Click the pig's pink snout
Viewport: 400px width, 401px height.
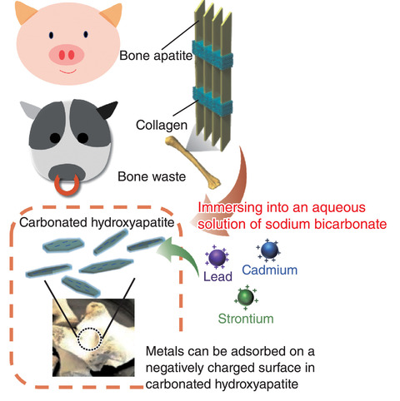coord(67,55)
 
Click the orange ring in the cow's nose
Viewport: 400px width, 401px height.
coord(67,186)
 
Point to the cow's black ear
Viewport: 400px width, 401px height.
coord(107,110)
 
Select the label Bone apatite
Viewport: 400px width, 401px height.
coord(156,56)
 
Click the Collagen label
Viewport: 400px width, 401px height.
coord(162,125)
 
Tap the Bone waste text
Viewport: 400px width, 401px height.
coord(152,176)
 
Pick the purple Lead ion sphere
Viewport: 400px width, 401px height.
coord(217,258)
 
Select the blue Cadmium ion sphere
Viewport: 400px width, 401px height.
coord(269,250)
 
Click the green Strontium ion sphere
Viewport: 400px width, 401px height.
coord(246,297)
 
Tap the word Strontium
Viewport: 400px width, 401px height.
coord(246,319)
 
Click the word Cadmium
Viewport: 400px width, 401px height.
coord(269,270)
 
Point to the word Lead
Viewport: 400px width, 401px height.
coord(217,276)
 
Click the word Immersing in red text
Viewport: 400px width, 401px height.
coord(230,208)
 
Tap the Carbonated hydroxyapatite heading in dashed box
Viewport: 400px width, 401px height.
coord(97,222)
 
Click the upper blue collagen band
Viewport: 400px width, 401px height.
coord(212,55)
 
